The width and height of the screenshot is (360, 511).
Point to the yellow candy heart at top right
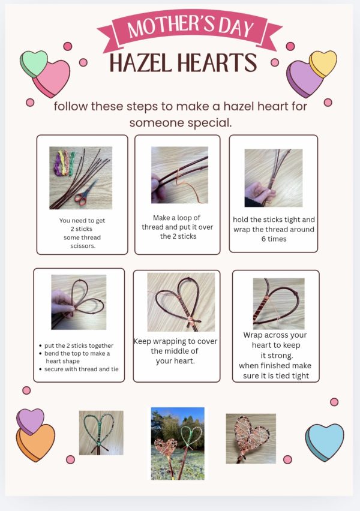click(324, 62)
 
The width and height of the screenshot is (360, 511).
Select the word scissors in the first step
click(83, 246)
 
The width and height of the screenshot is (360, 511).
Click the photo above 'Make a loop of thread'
click(179, 175)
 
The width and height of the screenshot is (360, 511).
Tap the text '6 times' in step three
click(274, 239)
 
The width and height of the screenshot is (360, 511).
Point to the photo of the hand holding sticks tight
click(273, 178)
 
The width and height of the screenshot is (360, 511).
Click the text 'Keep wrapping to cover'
click(175, 341)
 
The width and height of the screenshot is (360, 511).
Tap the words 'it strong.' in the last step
click(275, 356)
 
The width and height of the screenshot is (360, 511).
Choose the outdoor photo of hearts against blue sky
click(178, 443)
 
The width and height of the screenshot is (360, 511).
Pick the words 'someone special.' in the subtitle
click(180, 123)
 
